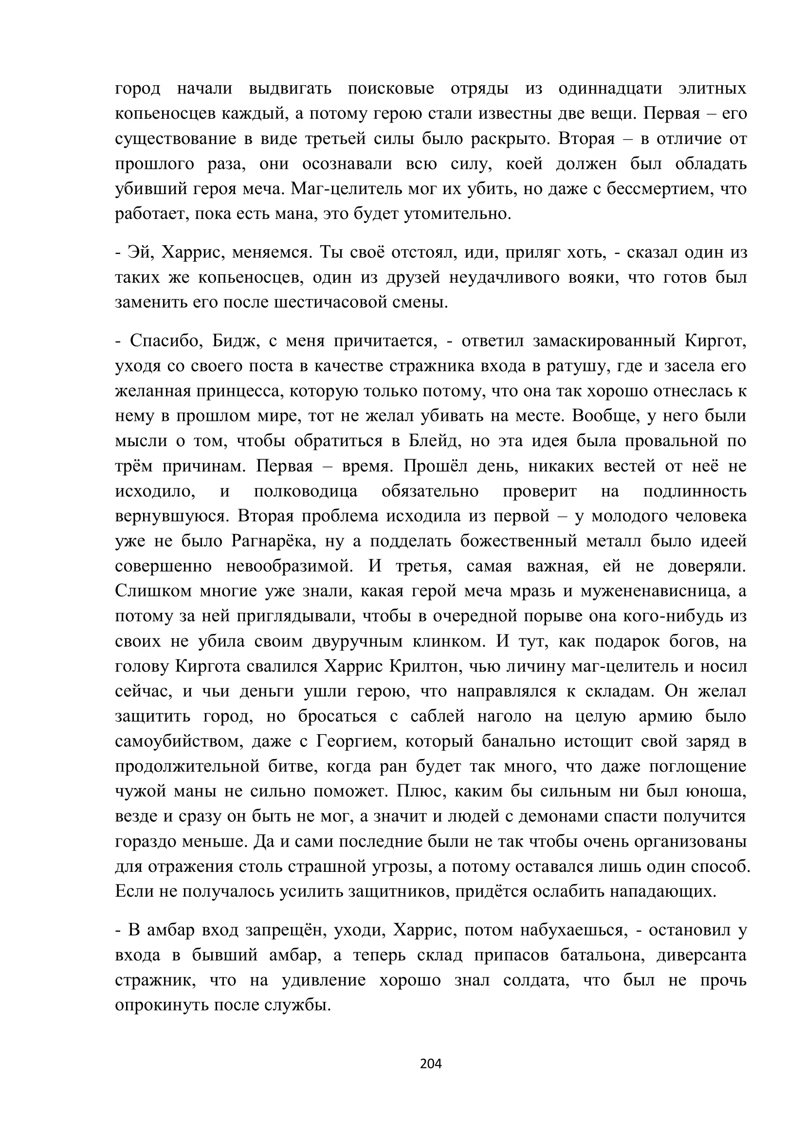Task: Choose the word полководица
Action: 305,491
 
